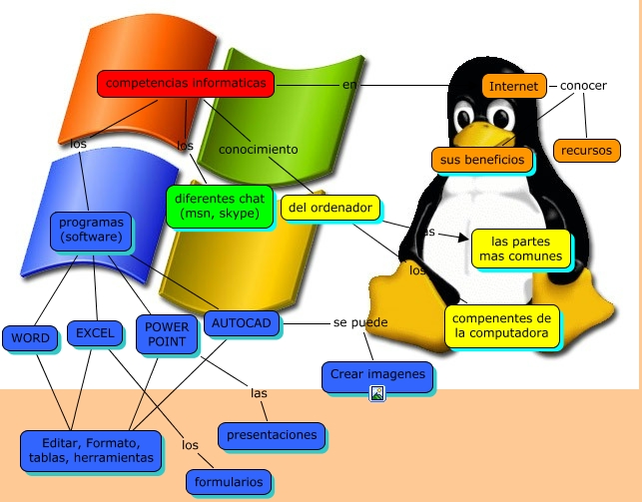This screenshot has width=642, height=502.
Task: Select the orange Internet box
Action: [514, 86]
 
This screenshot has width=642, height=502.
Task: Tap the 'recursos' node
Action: [586, 150]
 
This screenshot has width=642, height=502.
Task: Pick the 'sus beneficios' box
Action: [480, 159]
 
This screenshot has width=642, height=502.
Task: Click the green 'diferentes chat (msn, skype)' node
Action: [218, 206]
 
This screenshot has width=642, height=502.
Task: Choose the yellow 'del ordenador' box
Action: [329, 208]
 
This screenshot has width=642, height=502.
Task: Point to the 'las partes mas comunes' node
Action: [520, 248]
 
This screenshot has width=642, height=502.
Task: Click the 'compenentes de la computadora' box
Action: [502, 325]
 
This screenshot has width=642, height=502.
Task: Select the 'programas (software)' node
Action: [91, 230]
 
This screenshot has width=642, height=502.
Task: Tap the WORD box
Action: [31, 337]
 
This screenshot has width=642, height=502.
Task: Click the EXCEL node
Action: [95, 332]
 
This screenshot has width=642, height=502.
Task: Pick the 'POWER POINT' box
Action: [166, 334]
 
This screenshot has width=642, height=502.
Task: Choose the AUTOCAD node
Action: [241, 322]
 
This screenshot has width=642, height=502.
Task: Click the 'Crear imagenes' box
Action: [376, 375]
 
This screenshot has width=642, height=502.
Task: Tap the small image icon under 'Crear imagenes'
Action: [377, 394]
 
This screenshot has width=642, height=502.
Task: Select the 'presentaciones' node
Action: [272, 434]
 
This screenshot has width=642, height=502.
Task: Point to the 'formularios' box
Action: [230, 482]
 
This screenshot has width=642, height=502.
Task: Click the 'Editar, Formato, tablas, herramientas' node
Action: [91, 450]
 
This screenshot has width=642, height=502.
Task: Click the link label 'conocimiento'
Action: [259, 149]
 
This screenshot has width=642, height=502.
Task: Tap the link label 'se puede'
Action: [360, 322]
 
